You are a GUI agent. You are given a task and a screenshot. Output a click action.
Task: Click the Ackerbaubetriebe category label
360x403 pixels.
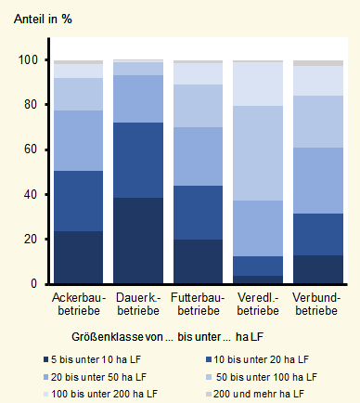[x=78, y=305]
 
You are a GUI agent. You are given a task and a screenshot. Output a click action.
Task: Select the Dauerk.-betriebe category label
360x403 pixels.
[x=138, y=305]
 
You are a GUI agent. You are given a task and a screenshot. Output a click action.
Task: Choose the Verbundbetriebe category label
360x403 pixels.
[x=318, y=305]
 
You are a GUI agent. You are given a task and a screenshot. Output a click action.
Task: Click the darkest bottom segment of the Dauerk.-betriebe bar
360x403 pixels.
[x=138, y=240]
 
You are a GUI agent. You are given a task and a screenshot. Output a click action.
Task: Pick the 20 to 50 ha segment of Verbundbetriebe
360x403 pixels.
[x=318, y=180]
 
